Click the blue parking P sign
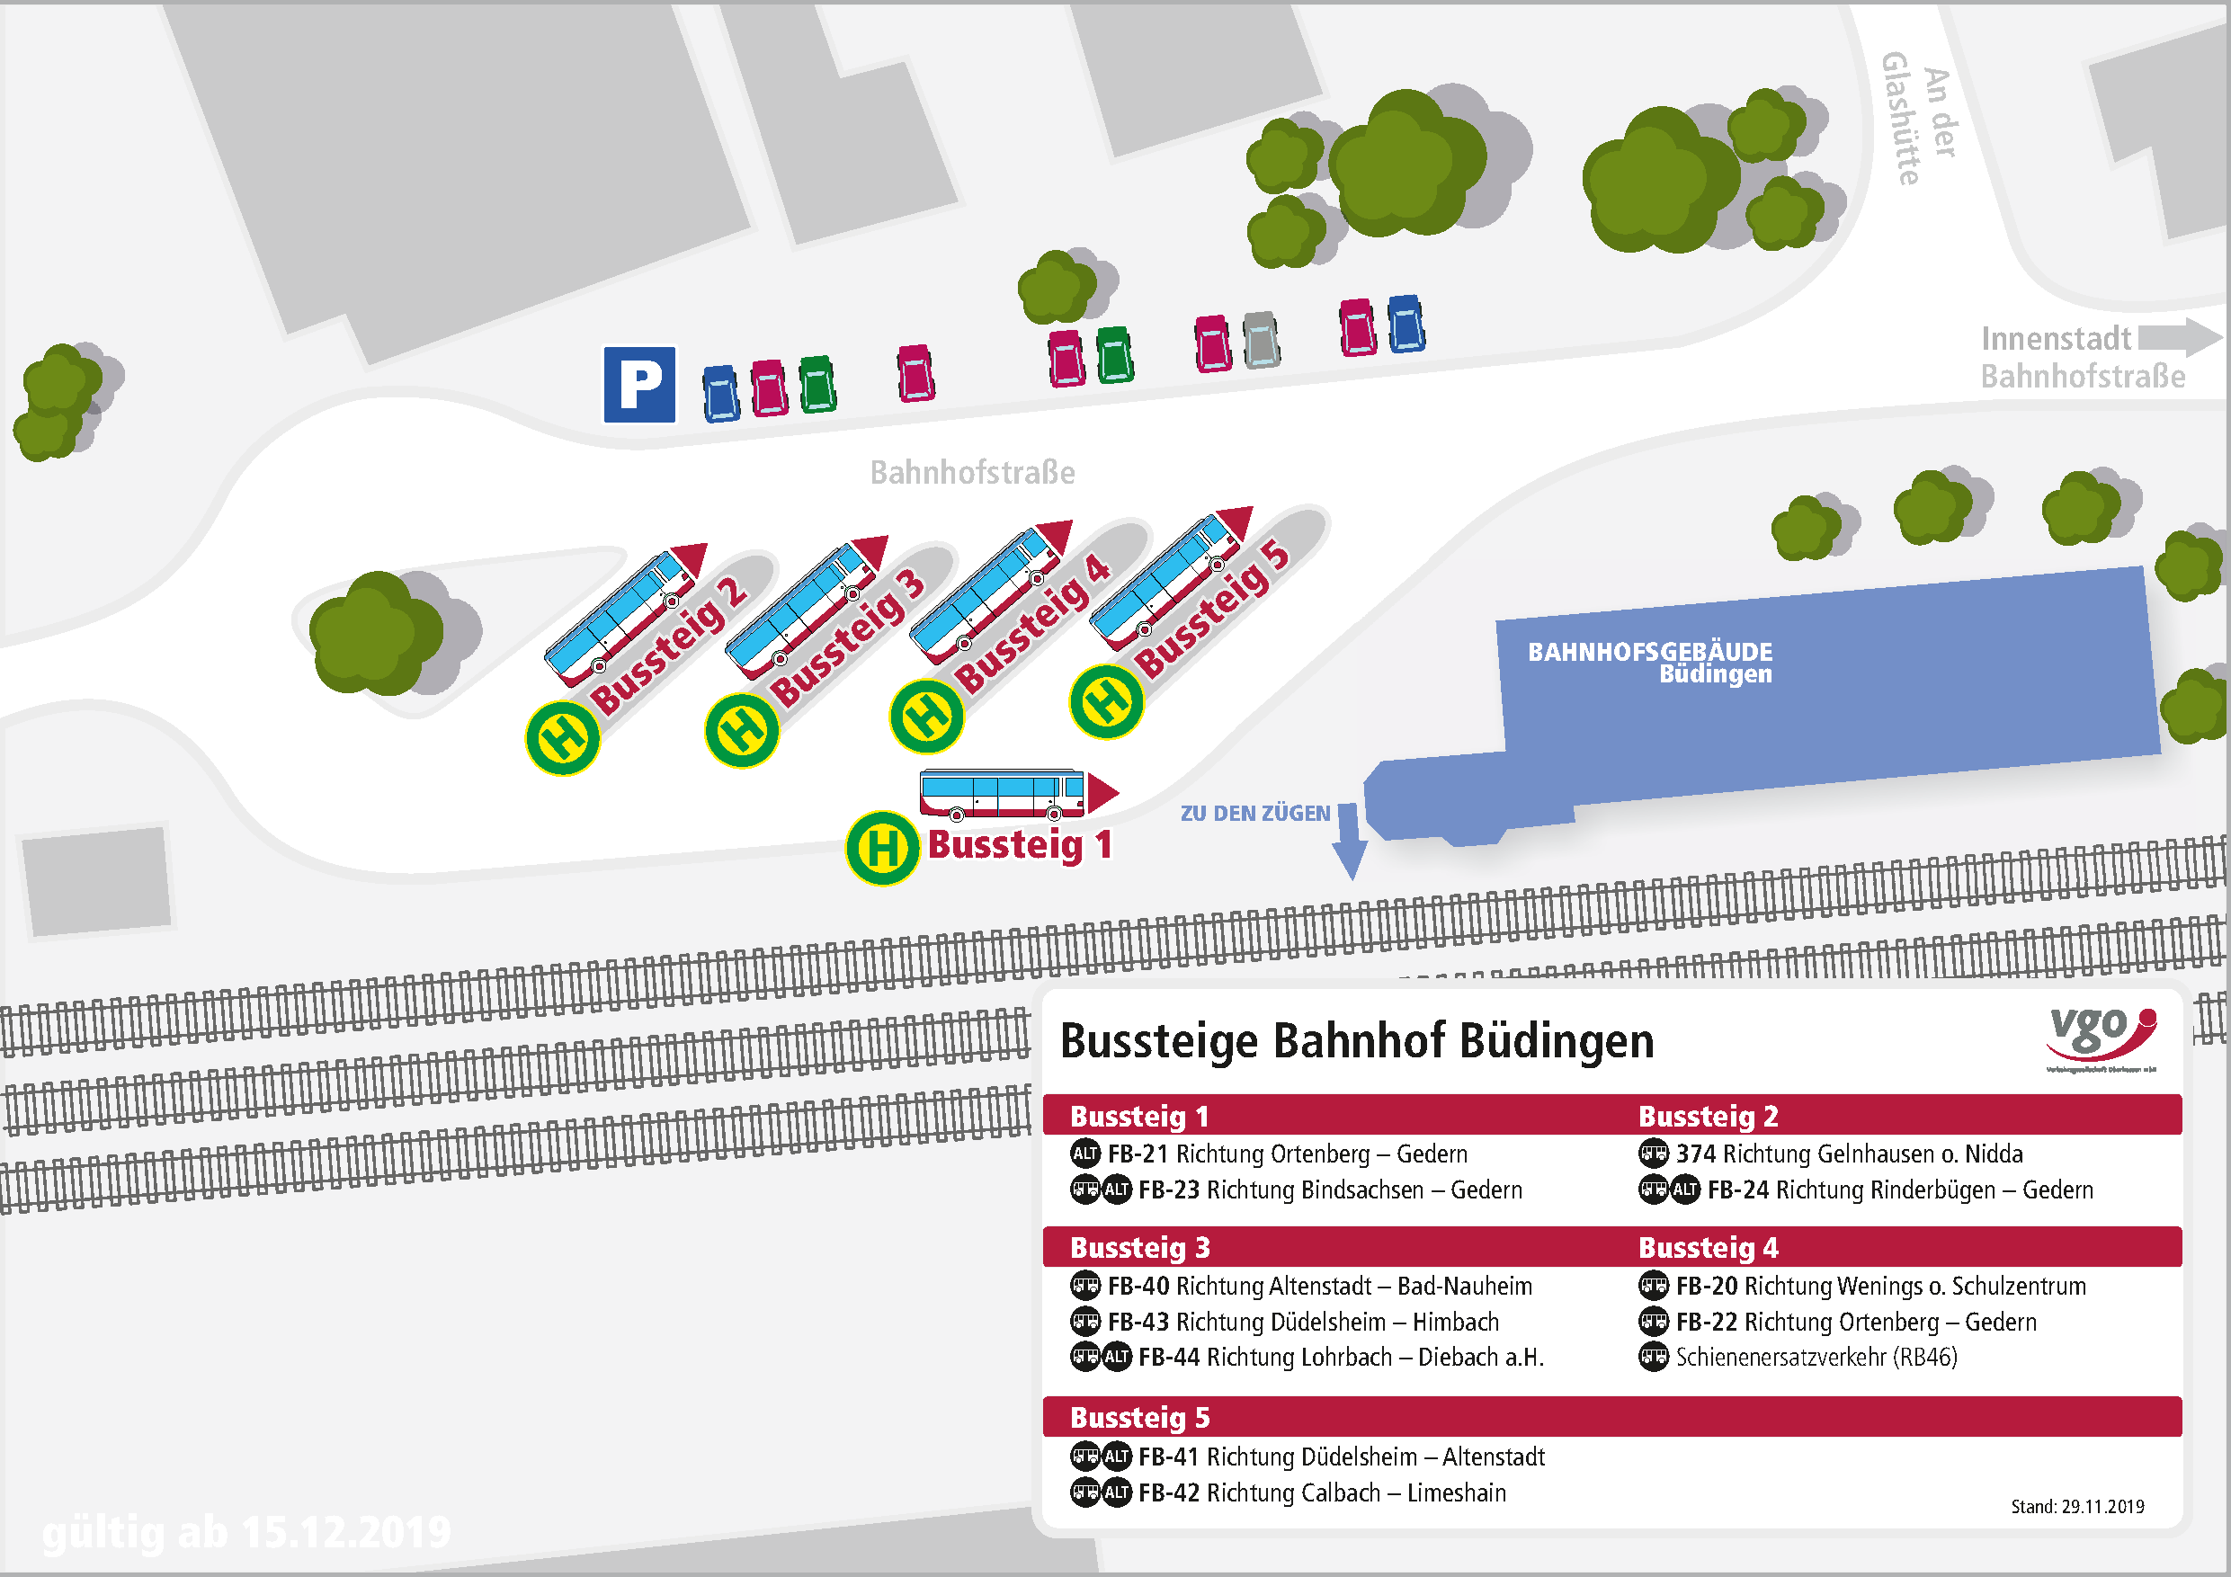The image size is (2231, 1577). [x=639, y=384]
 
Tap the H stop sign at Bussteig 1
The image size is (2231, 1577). [x=882, y=847]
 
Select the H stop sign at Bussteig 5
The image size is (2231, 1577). [x=1106, y=700]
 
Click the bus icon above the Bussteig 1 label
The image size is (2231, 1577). [x=1004, y=793]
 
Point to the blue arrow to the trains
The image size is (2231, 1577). [x=1349, y=841]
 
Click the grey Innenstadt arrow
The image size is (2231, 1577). [x=2179, y=337]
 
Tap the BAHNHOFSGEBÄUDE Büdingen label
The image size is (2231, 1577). [x=1650, y=662]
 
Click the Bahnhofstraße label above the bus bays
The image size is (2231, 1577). [x=972, y=472]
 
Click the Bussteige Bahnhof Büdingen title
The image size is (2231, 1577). [x=1356, y=1040]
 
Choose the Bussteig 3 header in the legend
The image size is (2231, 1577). [x=1140, y=1247]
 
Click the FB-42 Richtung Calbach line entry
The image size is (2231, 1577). [x=1322, y=1492]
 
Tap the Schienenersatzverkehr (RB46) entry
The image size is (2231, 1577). [x=1816, y=1357]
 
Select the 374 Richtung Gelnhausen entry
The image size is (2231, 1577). [x=1848, y=1154]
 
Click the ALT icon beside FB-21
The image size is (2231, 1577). [x=1084, y=1154]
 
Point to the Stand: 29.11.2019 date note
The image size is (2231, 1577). [x=2076, y=1506]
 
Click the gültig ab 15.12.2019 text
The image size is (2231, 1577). [x=246, y=1532]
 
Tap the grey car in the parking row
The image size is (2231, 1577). [x=1262, y=339]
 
